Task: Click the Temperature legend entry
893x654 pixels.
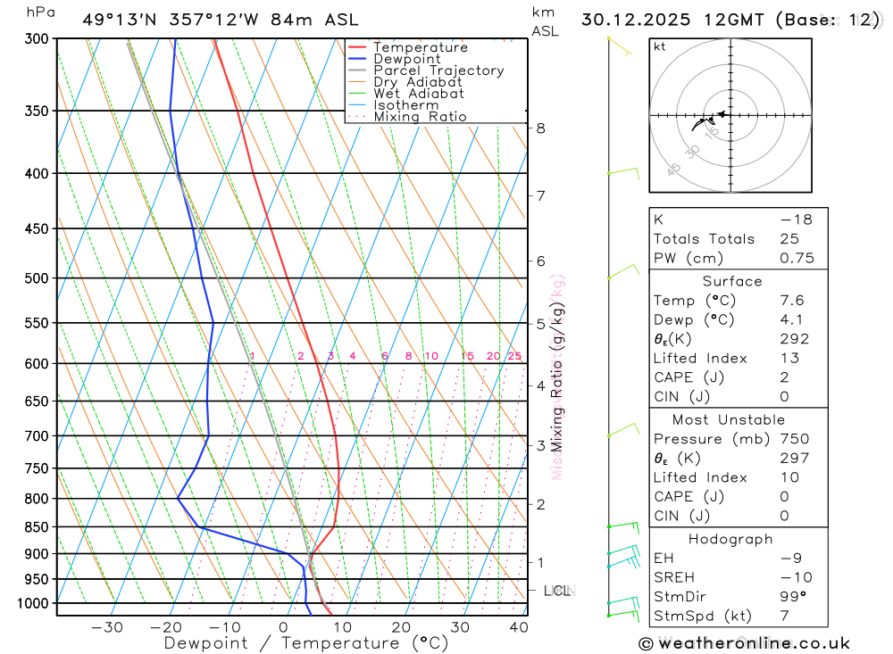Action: point(420,47)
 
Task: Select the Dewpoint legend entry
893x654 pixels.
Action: point(406,59)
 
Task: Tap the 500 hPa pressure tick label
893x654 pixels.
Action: point(38,278)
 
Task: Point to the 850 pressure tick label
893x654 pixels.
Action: point(38,527)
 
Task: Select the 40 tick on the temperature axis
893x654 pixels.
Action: point(518,627)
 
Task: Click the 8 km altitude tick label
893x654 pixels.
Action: point(540,128)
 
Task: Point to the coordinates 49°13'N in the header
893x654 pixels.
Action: point(122,20)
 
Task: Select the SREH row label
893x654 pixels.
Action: point(672,578)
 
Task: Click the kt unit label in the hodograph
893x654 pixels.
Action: point(660,46)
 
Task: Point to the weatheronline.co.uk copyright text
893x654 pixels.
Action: point(744,643)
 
